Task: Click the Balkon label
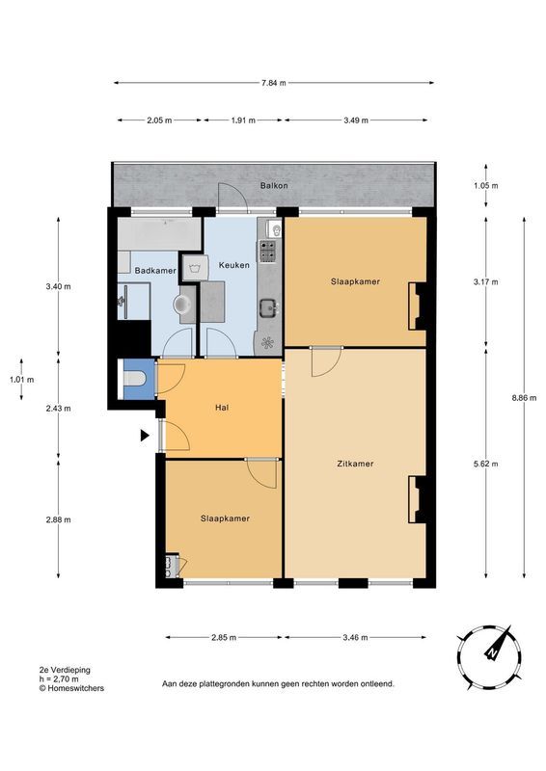click(273, 185)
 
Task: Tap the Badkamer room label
click(154, 271)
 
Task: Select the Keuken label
click(234, 264)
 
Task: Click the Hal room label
click(221, 407)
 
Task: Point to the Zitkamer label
click(356, 464)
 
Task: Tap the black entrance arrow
click(144, 437)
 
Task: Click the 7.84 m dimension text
click(273, 83)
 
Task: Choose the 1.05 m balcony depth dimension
click(486, 185)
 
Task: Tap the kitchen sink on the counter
click(267, 308)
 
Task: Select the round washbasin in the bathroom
click(183, 305)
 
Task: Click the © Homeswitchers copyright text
click(71, 688)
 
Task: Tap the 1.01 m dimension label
click(21, 380)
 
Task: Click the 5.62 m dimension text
click(486, 464)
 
